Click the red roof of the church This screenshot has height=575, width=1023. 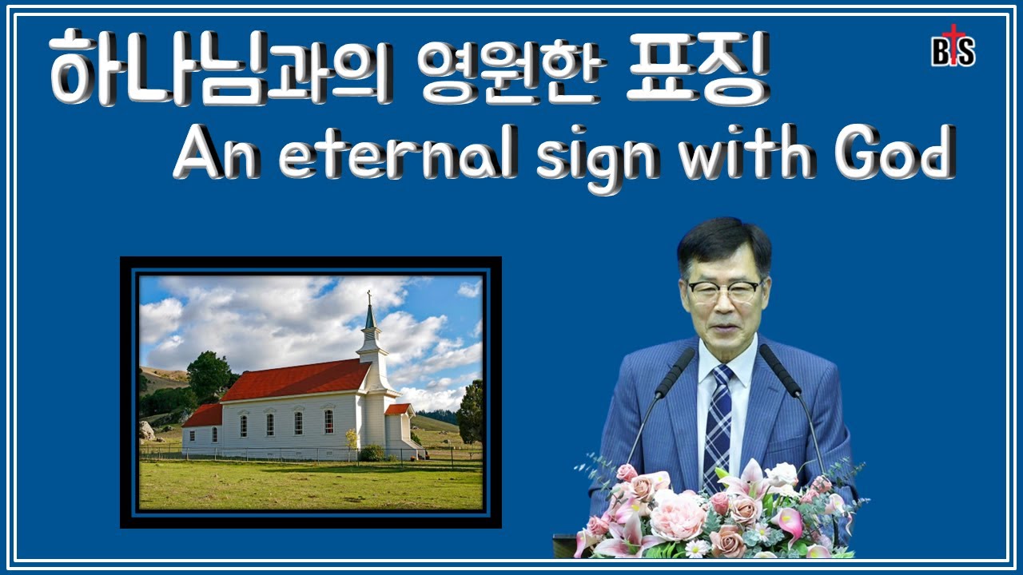pyautogui.click(x=296, y=380)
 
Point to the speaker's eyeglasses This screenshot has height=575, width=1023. pyautogui.click(x=724, y=291)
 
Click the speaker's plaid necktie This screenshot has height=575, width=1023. pyautogui.click(x=717, y=419)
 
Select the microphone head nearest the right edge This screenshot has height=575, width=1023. pyautogui.click(x=779, y=370)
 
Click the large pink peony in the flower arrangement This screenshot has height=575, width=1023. pyautogui.click(x=675, y=515)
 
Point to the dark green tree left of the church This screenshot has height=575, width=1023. pyautogui.click(x=209, y=375)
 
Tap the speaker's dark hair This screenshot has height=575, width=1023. pyautogui.click(x=723, y=244)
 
